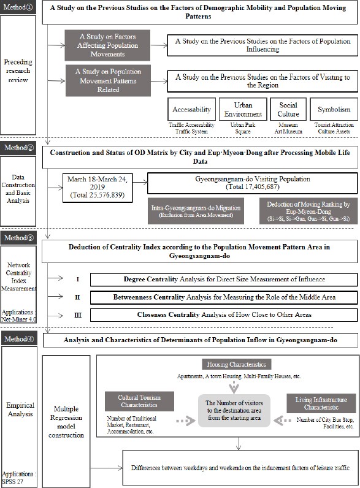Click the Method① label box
click(x=20, y=7)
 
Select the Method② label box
click(x=20, y=147)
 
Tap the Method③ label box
click(x=20, y=237)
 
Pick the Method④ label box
click(x=20, y=339)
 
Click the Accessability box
click(x=191, y=110)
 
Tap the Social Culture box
click(x=288, y=109)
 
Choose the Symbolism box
click(x=334, y=110)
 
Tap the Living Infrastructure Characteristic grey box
click(x=321, y=403)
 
